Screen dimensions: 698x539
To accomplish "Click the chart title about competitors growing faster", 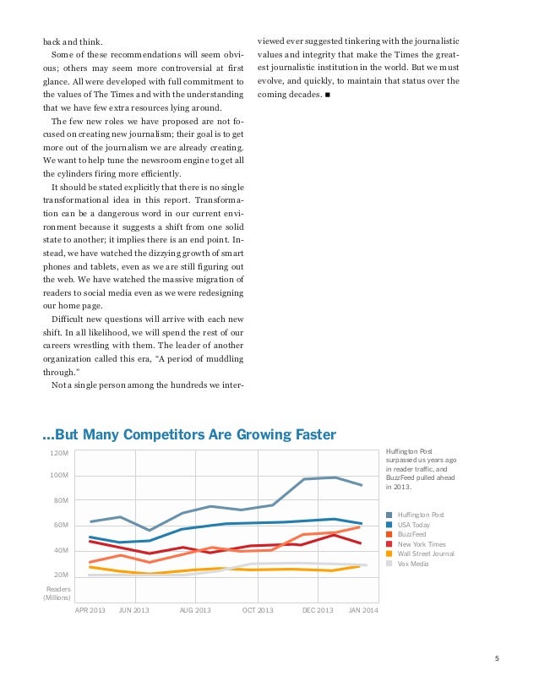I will [189, 435].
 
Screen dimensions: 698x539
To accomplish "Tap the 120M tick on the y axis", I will [59, 454].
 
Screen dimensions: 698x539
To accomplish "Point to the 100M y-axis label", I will [59, 476].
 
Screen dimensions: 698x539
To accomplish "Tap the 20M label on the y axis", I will [61, 575].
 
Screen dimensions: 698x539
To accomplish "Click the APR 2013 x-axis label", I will [90, 609].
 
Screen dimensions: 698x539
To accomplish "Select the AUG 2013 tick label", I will [195, 609].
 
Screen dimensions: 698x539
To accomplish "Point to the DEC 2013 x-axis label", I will [318, 609].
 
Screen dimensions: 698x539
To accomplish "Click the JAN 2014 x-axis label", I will [364, 609].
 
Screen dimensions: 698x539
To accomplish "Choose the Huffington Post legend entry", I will [420, 515].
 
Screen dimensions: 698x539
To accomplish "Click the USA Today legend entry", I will [413, 525].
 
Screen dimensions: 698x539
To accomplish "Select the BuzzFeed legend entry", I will [411, 534].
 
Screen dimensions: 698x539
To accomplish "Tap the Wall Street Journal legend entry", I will [425, 553].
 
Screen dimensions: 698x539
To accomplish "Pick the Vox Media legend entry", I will [413, 563].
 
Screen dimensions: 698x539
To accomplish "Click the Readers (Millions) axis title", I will [57, 592].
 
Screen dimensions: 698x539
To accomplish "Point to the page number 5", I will [497, 660].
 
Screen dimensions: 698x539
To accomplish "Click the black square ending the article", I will [327, 94].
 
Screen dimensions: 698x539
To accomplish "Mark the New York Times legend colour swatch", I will [389, 544].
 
